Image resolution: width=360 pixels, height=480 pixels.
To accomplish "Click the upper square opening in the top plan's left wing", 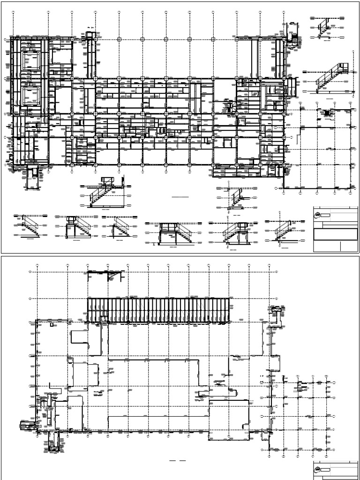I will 31,61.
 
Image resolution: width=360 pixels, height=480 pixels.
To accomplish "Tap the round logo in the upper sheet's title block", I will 317,215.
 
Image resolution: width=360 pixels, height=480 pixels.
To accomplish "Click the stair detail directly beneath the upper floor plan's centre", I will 105,192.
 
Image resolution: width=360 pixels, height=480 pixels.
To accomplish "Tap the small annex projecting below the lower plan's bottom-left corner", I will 55,442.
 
